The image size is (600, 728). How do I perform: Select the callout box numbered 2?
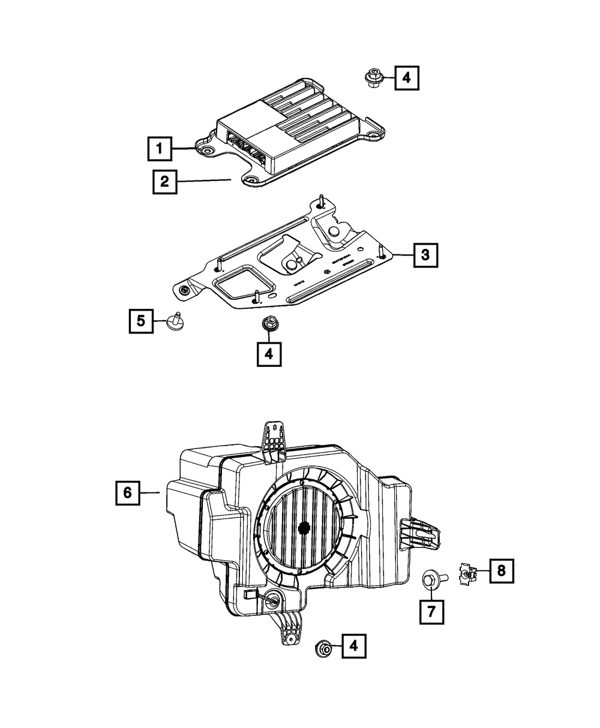pyautogui.click(x=164, y=182)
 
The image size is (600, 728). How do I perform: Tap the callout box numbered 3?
pyautogui.click(x=424, y=255)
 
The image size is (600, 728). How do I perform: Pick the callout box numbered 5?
pyautogui.click(x=140, y=321)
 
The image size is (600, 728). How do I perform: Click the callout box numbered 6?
pyautogui.click(x=127, y=492)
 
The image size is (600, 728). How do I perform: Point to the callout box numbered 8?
pyautogui.click(x=502, y=571)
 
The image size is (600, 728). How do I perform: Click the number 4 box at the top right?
pyautogui.click(x=406, y=78)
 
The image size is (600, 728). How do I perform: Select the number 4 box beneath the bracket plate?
pyautogui.click(x=268, y=354)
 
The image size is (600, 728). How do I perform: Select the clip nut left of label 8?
pyautogui.click(x=467, y=572)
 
